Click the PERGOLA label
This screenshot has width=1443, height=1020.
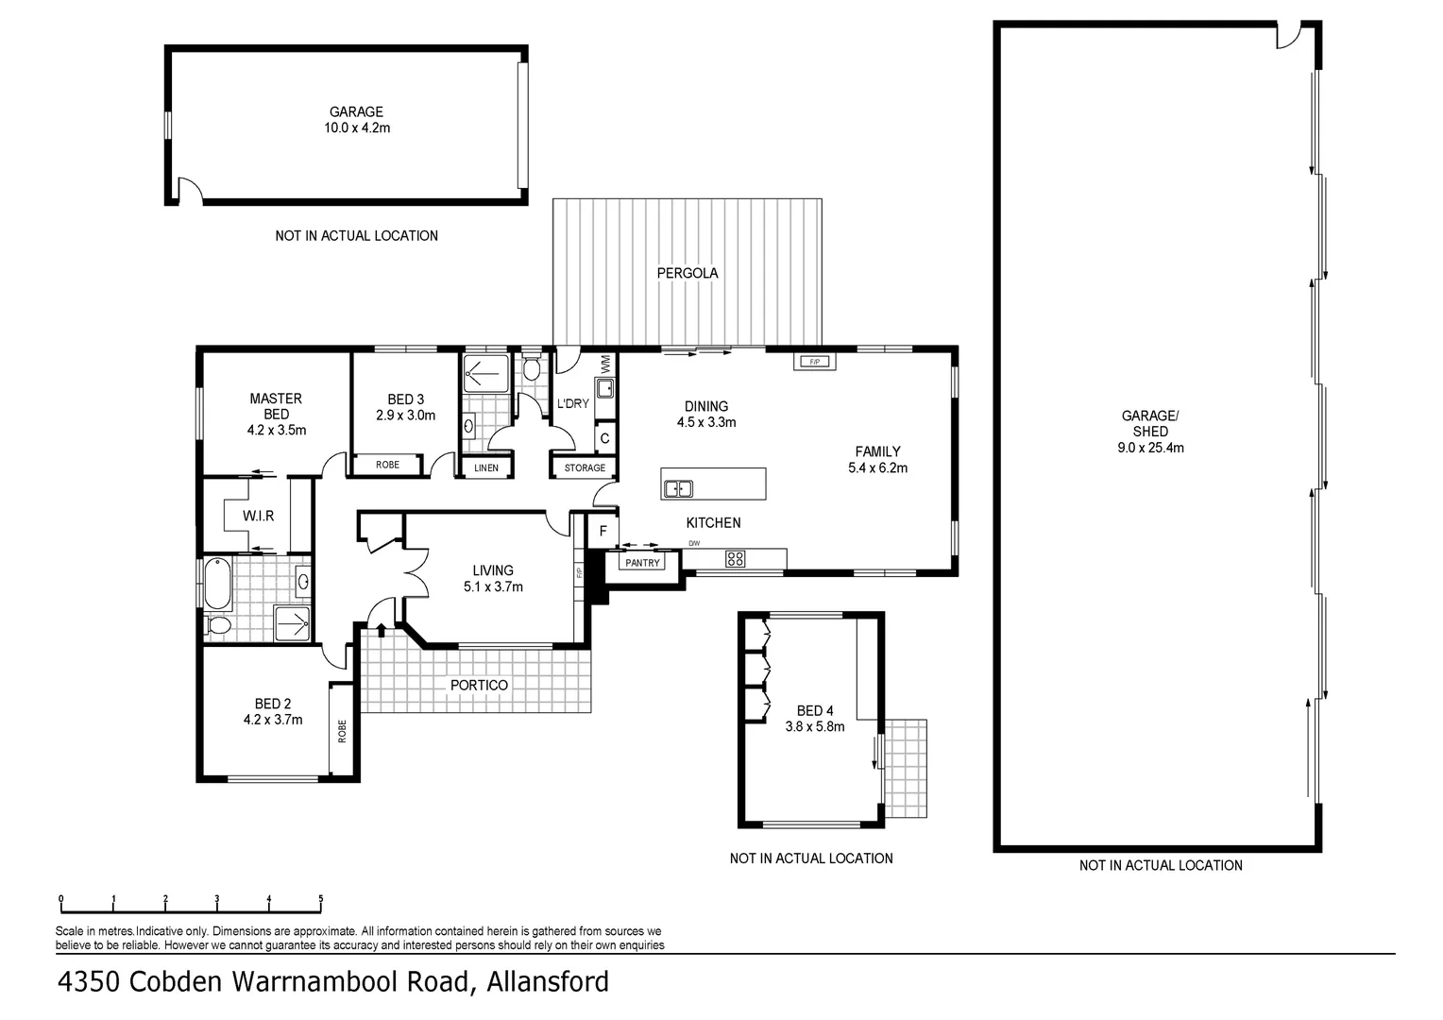(688, 273)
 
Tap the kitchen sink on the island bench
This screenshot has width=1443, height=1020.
(678, 488)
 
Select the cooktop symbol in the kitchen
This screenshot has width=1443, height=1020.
(735, 559)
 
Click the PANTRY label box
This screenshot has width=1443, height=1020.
(642, 563)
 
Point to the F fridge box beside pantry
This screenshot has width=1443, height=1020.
(602, 533)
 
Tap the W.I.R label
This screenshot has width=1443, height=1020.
(258, 516)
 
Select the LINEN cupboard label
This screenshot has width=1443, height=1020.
(486, 467)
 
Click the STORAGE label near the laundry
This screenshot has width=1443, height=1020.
(585, 467)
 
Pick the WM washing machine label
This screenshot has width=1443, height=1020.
(605, 363)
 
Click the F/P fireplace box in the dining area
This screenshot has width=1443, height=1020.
(814, 362)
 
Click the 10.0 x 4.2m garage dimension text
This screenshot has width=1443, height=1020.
(356, 127)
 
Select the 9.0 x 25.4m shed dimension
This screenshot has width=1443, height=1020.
(1149, 448)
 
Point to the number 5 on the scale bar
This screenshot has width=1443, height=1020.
(321, 898)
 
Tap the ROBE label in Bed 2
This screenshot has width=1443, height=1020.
(342, 730)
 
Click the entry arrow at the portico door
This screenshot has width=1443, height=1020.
(381, 628)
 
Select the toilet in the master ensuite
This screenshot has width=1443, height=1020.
(218, 625)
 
